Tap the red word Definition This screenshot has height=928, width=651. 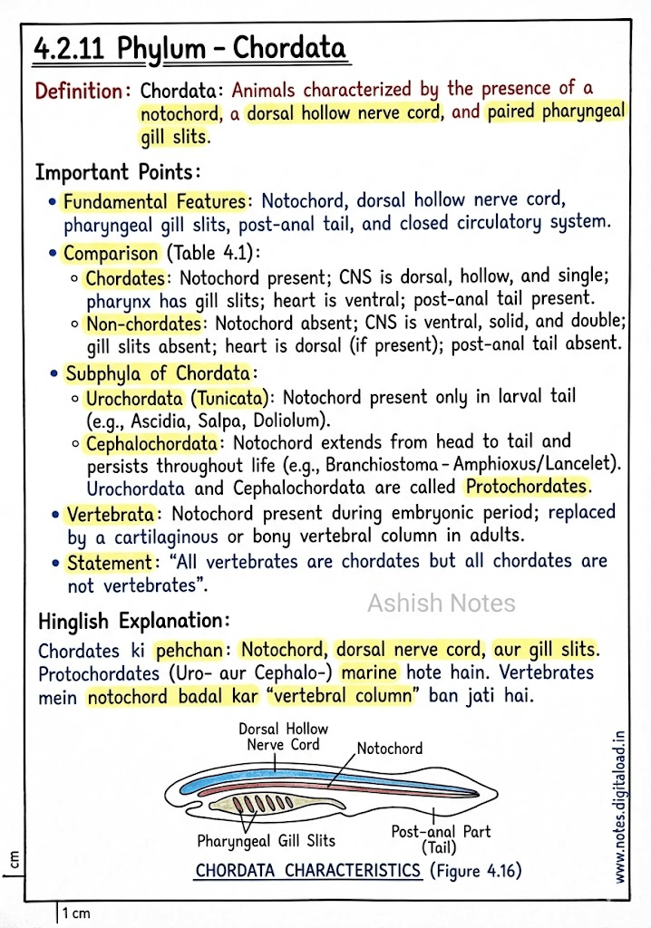click(x=79, y=92)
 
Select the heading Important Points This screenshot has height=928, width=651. click(x=116, y=171)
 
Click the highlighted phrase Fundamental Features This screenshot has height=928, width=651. click(x=154, y=201)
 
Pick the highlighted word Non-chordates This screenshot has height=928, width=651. click(x=143, y=324)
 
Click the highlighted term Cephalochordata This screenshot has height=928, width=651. click(x=152, y=443)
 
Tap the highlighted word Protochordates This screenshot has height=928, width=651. click(x=527, y=487)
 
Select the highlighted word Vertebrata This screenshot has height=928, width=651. click(x=110, y=515)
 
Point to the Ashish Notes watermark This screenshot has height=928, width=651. click(x=441, y=604)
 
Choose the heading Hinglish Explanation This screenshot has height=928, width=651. click(x=133, y=622)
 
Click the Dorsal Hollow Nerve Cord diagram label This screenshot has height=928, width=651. click(x=284, y=736)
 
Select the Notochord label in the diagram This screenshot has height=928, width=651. click(x=390, y=749)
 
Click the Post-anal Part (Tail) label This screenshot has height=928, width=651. click(x=441, y=839)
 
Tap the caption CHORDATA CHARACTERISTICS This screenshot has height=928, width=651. click(x=308, y=871)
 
